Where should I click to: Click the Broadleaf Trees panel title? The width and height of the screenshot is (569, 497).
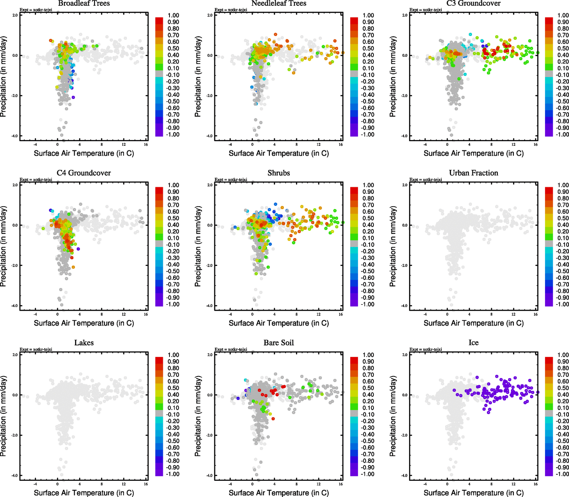(84, 3)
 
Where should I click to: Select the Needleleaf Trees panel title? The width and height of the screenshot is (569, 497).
(278, 3)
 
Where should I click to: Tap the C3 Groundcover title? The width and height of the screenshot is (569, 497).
(473, 3)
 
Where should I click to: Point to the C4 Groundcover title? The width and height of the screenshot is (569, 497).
(84, 173)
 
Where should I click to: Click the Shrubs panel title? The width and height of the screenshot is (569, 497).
(278, 173)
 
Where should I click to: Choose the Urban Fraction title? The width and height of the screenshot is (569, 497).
(473, 173)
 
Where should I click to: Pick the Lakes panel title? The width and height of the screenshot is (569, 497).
(84, 343)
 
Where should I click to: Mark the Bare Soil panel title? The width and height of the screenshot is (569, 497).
(278, 343)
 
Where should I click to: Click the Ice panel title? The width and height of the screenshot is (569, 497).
(473, 343)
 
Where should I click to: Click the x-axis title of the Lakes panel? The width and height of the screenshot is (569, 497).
(84, 493)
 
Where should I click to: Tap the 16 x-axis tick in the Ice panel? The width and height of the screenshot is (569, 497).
(535, 484)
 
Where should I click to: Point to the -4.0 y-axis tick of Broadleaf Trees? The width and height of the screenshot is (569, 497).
(15, 136)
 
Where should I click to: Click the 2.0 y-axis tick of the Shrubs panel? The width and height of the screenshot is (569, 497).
(210, 185)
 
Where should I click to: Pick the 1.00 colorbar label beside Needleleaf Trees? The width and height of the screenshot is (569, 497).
(368, 15)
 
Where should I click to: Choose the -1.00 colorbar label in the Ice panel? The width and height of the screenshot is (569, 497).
(562, 474)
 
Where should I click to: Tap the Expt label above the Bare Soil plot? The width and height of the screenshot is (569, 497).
(231, 350)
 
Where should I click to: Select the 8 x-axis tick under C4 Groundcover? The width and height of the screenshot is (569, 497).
(102, 314)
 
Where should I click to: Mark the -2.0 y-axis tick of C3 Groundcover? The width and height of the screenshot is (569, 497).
(404, 96)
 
